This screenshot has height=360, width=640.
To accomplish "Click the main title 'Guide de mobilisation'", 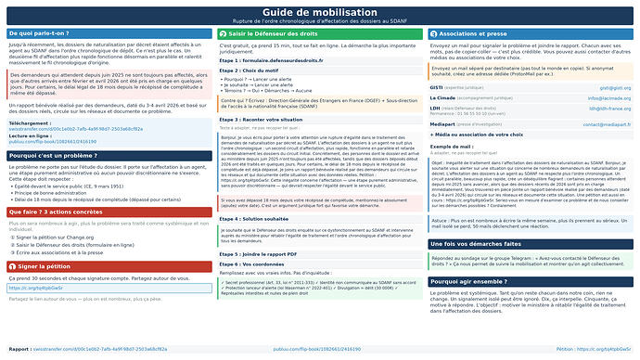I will click(x=320, y=11).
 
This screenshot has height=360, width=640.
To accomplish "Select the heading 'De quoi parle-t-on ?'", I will click(x=43, y=33).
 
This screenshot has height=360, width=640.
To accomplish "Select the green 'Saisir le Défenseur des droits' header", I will click(x=268, y=33).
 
